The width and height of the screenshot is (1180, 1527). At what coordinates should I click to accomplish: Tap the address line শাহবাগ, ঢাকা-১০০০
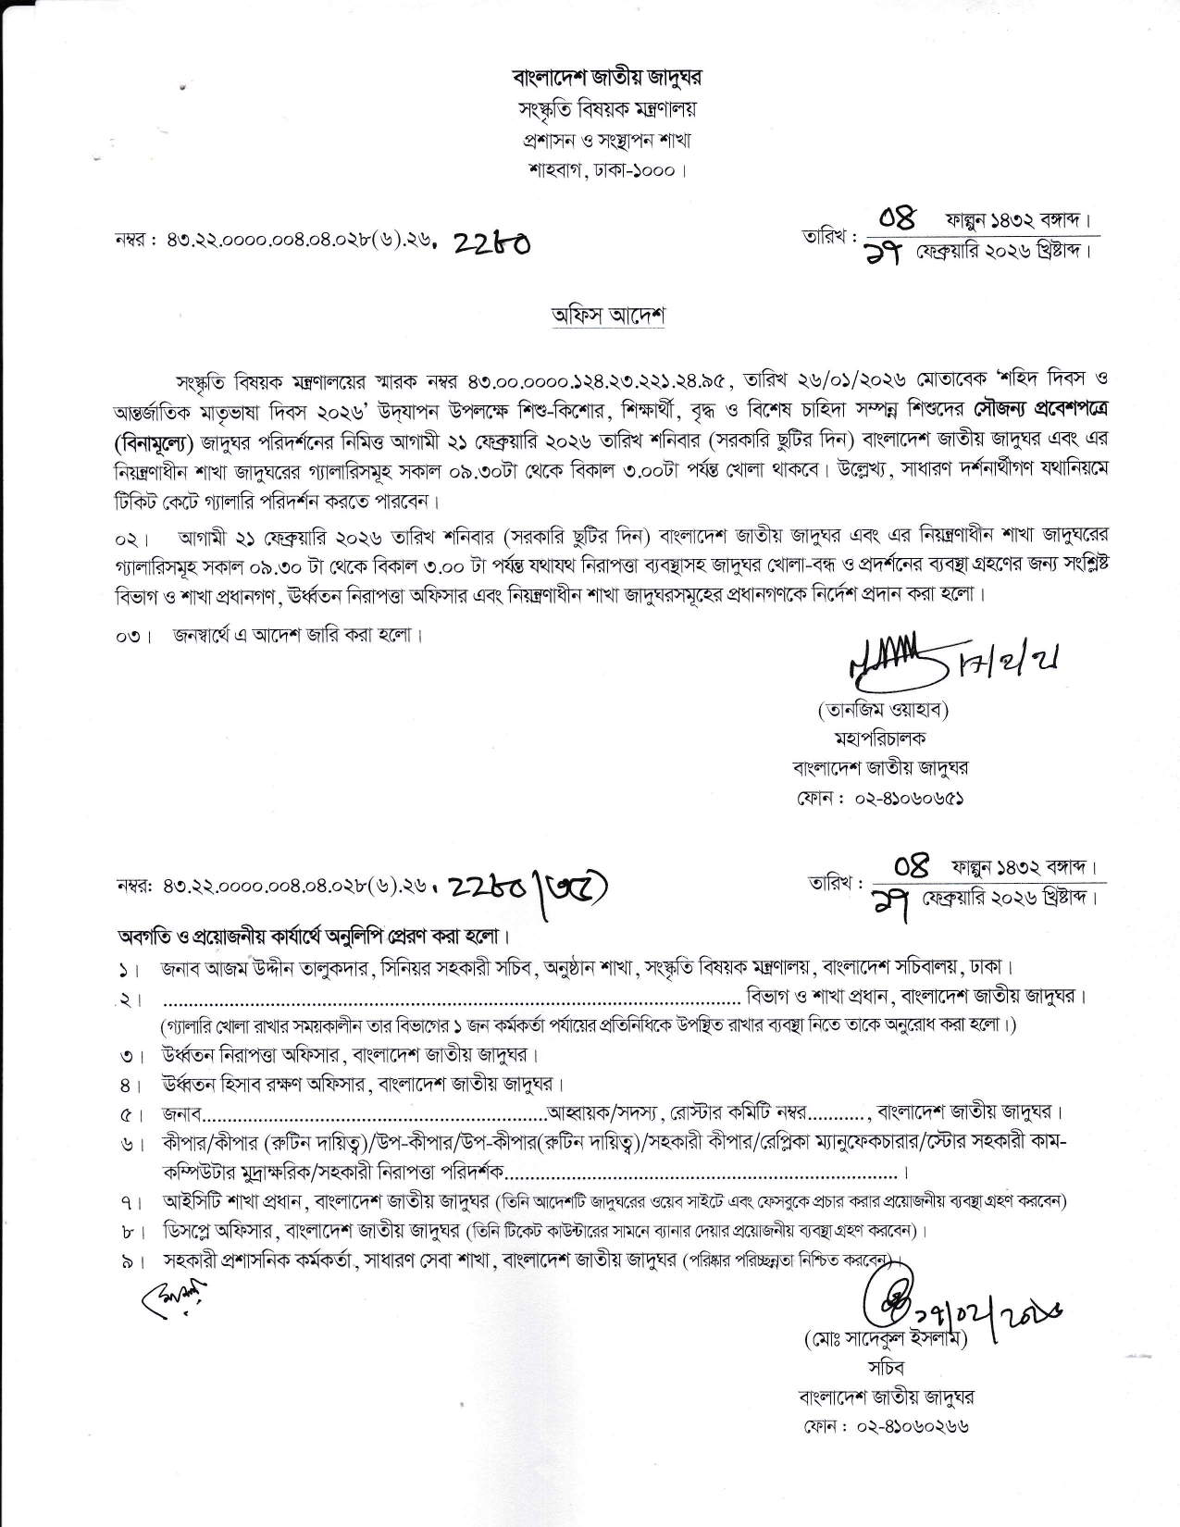[x=606, y=171]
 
